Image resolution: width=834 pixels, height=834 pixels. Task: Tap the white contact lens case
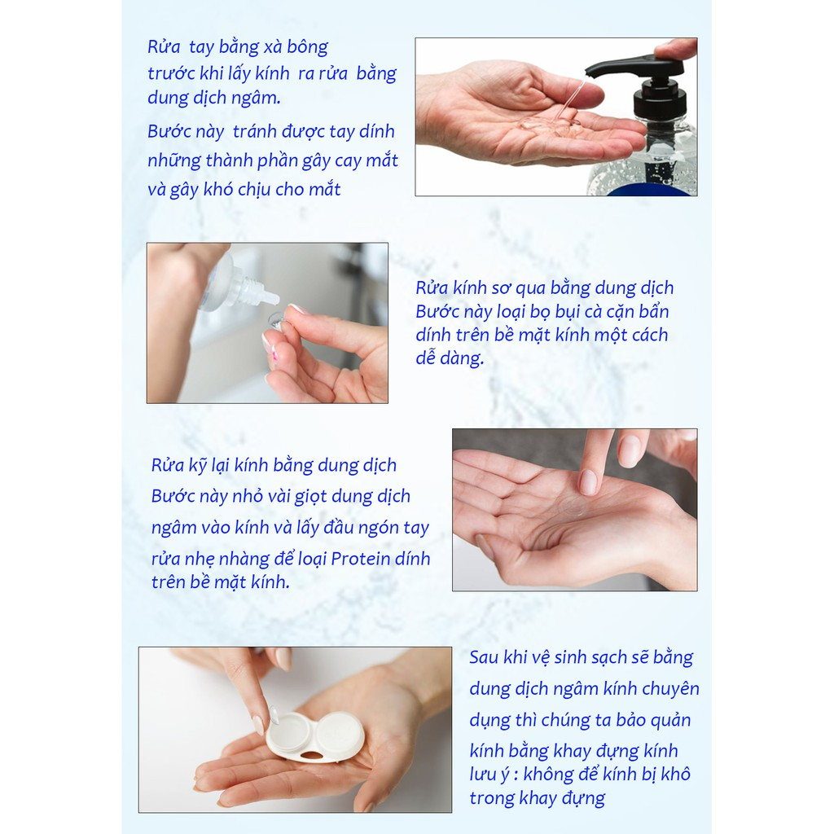315,736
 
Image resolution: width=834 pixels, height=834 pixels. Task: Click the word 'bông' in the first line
307,47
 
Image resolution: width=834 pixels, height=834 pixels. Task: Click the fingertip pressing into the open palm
588,482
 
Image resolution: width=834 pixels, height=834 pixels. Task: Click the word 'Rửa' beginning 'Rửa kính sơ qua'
432,288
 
